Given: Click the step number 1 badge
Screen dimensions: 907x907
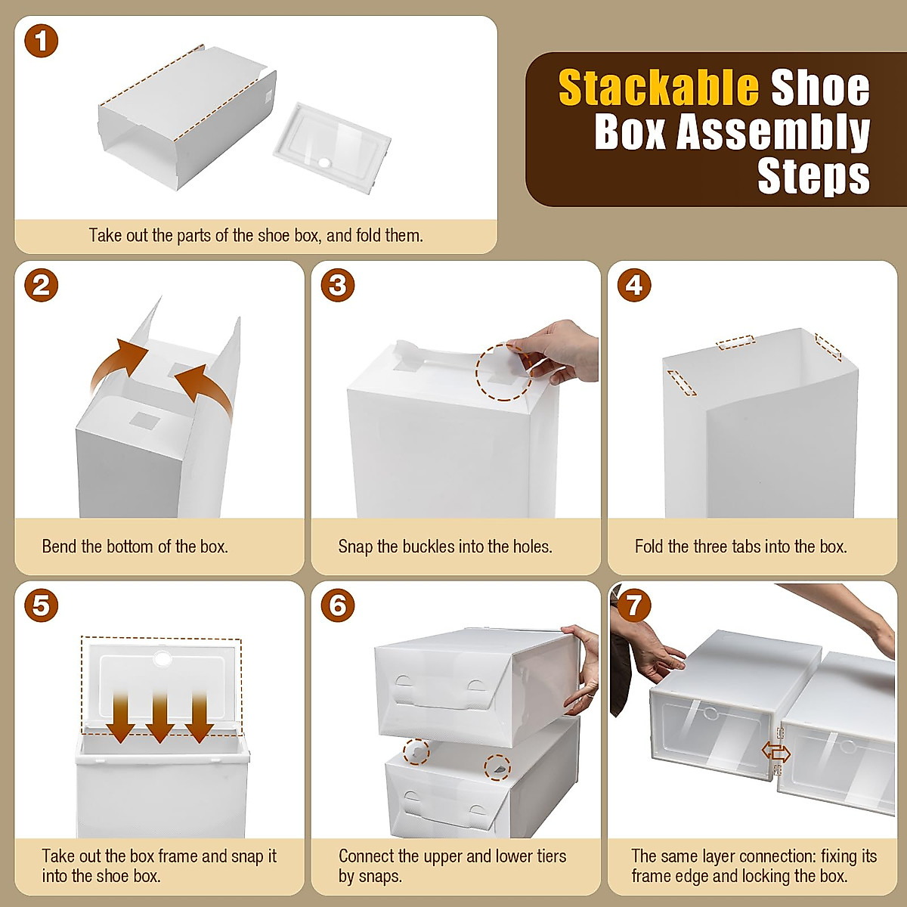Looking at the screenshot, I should point(42,42).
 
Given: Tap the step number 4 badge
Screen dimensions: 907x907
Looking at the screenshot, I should point(634,286).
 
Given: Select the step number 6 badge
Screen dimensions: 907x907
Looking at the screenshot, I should point(338,605).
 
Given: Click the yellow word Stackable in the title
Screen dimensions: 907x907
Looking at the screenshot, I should point(658,88).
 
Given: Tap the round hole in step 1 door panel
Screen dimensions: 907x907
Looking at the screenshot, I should point(325,163).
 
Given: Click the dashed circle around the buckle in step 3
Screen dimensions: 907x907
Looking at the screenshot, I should point(503,372).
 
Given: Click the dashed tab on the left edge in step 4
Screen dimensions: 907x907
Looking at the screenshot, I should point(682,382).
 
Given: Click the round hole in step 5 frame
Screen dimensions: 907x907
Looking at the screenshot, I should point(162,658).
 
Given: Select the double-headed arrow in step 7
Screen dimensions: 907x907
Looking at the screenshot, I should point(776,752).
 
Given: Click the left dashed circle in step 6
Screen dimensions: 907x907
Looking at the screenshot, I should point(416,752).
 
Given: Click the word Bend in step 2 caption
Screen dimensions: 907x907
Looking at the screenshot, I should point(60,546).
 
